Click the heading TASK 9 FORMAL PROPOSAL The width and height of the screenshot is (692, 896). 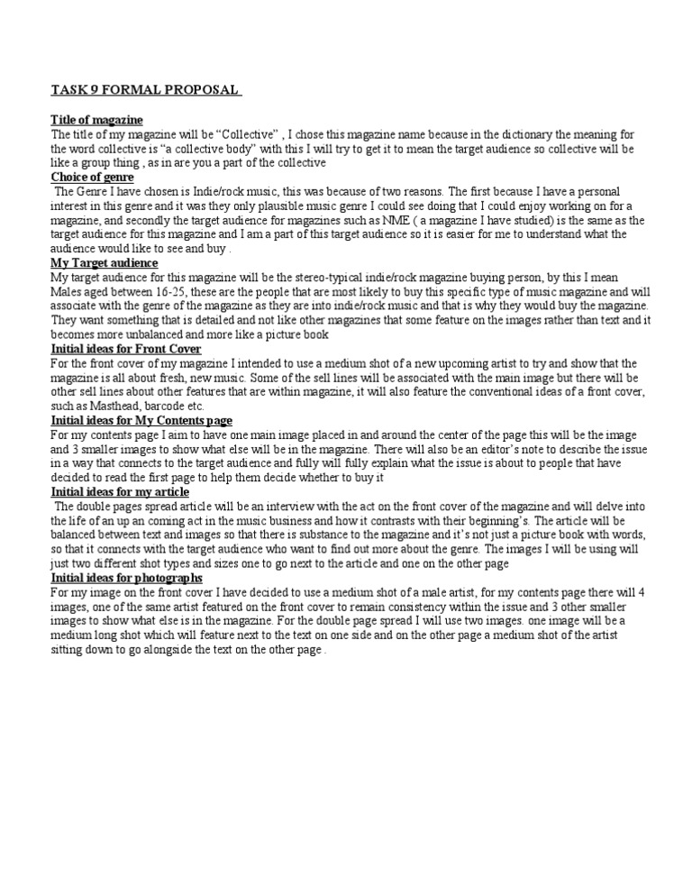tap(145, 90)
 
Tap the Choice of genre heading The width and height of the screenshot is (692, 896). tap(92, 178)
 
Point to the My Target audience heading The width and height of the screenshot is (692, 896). tap(105, 262)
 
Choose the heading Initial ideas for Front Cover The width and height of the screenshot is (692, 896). tap(126, 349)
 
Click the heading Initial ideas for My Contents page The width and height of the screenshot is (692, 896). tap(141, 420)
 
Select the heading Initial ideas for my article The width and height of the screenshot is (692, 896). tap(120, 491)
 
